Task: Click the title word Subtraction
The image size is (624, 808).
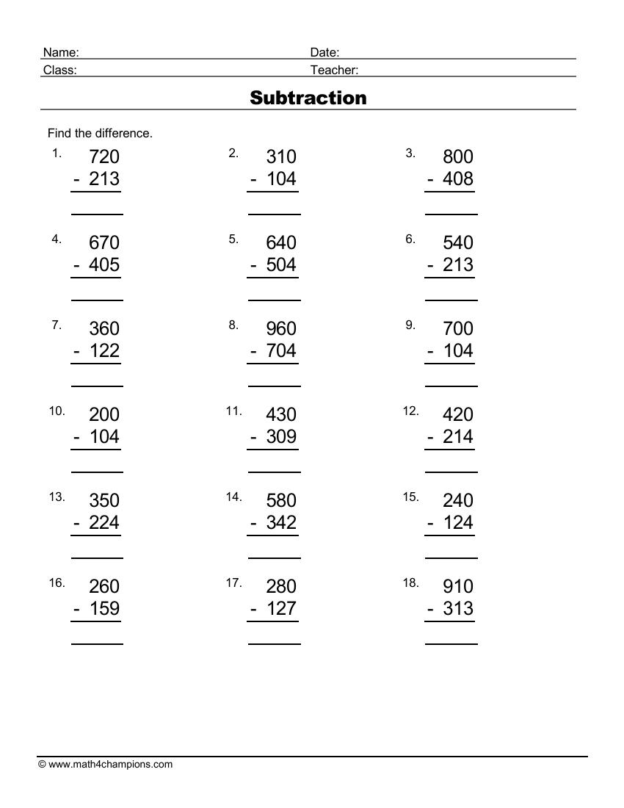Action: point(308,98)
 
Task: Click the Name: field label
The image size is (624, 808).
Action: point(61,52)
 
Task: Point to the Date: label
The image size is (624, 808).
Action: point(324,52)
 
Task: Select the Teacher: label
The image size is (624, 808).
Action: point(334,70)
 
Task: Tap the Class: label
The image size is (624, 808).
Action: point(60,70)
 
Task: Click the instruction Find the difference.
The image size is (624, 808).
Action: point(100,133)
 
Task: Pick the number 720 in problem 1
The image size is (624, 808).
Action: point(104,156)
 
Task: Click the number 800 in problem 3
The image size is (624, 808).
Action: point(458,156)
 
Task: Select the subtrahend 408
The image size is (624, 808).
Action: point(458,178)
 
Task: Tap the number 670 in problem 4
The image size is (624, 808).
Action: point(104,242)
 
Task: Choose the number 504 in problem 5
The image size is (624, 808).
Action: point(281,264)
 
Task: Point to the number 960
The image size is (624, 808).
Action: point(281,328)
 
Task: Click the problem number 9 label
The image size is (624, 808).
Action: point(410,325)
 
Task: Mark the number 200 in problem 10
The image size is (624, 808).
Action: point(104,414)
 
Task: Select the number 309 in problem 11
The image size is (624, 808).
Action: point(281,436)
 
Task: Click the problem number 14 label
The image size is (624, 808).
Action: point(233,497)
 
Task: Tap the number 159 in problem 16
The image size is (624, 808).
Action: point(104,608)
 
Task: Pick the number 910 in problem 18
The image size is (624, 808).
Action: point(458,586)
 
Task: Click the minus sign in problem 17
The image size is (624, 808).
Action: point(254,609)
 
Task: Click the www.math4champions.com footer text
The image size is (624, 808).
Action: point(110,764)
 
